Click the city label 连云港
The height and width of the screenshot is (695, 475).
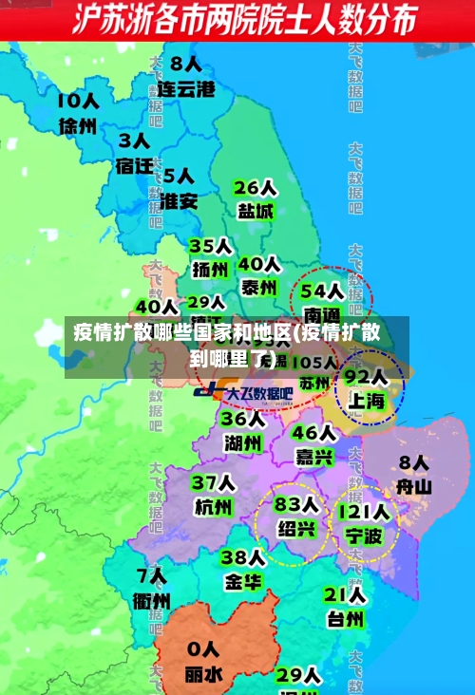(x=186, y=90)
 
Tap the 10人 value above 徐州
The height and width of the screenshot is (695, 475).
(x=78, y=100)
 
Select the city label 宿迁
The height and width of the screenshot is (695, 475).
(x=135, y=165)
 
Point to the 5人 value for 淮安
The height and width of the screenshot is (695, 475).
(x=178, y=177)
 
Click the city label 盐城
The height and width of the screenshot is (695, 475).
(x=255, y=211)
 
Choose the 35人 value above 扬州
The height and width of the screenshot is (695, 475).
(x=210, y=246)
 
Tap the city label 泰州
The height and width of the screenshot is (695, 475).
(x=258, y=287)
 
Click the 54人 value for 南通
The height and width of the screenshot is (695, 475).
(x=321, y=289)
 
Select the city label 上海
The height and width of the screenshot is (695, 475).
(x=366, y=401)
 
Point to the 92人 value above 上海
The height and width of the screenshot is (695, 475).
(x=365, y=376)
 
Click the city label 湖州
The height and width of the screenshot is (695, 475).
(x=243, y=442)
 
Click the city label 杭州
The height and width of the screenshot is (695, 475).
(x=213, y=507)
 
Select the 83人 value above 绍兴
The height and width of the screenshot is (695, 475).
(x=295, y=503)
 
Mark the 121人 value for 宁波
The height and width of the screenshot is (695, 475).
(x=363, y=513)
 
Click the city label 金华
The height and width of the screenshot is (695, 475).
(x=243, y=581)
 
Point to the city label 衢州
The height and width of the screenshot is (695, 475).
(x=152, y=600)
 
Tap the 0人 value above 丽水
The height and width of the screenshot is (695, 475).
(x=204, y=650)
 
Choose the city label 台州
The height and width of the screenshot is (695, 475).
(x=345, y=620)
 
